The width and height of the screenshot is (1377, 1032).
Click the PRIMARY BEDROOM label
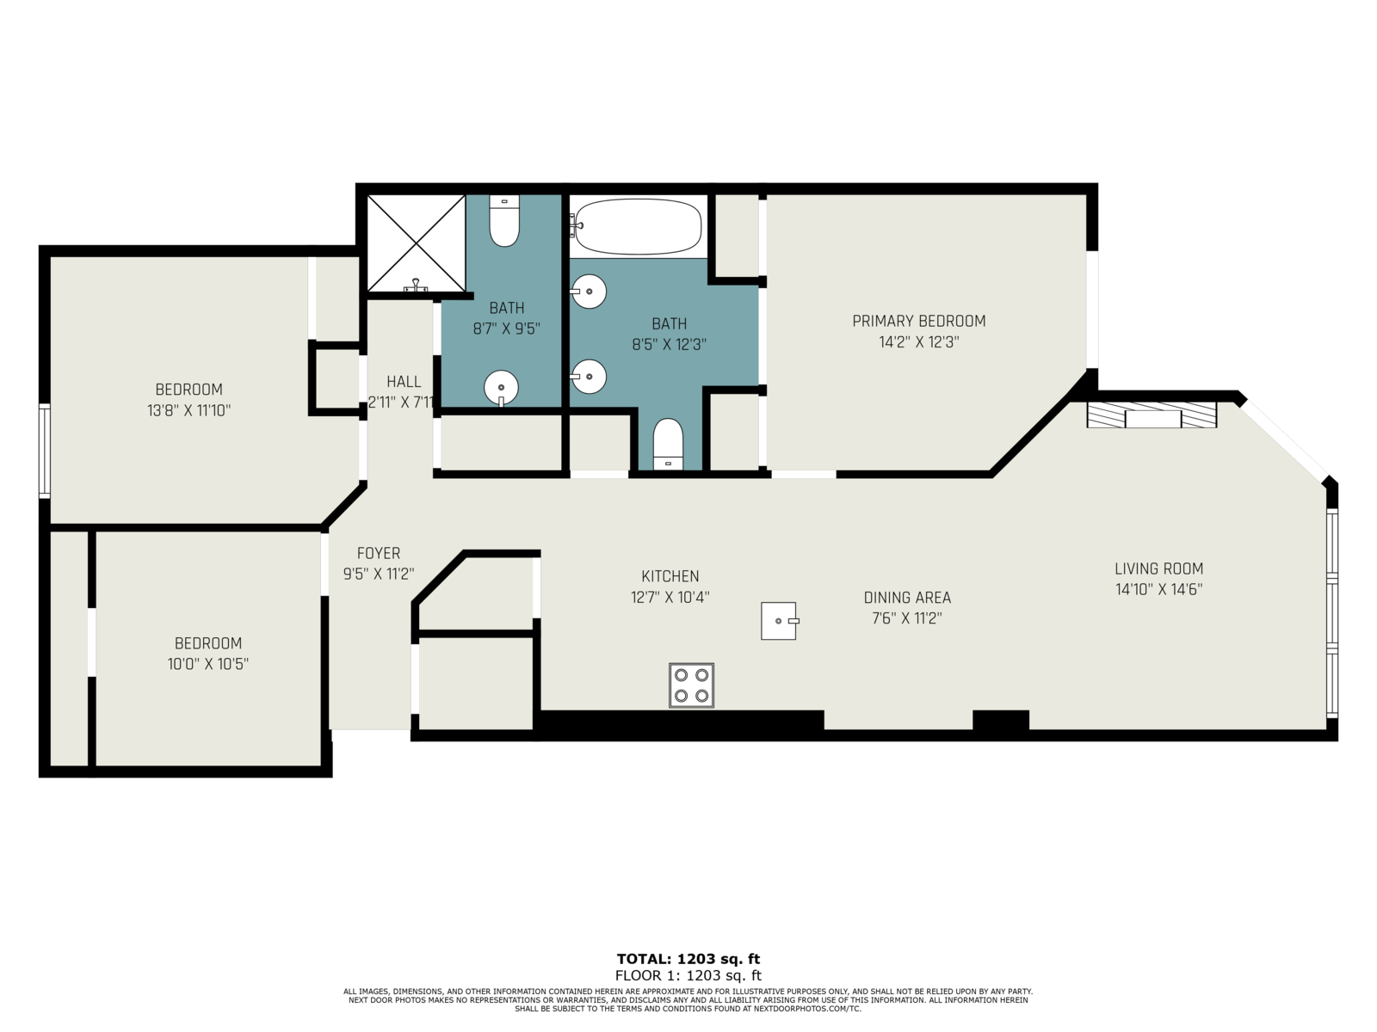pyautogui.click(x=918, y=322)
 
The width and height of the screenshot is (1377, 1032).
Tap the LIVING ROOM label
pyautogui.click(x=1158, y=569)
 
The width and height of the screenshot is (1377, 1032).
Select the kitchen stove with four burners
pyautogui.click(x=691, y=685)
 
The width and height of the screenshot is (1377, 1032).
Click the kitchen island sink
pyautogui.click(x=779, y=621)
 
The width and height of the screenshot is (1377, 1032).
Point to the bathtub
pyautogui.click(x=638, y=227)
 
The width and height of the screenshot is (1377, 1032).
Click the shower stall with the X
pyautogui.click(x=416, y=243)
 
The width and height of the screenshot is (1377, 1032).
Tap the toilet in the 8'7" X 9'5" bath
pyautogui.click(x=504, y=220)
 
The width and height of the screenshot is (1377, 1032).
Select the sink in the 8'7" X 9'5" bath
pyautogui.click(x=501, y=388)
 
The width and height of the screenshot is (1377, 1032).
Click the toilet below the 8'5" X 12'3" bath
pyautogui.click(x=668, y=445)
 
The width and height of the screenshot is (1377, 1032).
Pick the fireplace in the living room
pyautogui.click(x=1152, y=415)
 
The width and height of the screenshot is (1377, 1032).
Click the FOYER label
pyautogui.click(x=379, y=553)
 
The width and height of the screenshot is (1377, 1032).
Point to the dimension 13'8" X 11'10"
pyautogui.click(x=188, y=411)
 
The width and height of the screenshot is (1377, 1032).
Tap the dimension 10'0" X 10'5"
pyautogui.click(x=207, y=664)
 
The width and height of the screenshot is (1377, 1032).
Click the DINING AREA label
pyautogui.click(x=907, y=598)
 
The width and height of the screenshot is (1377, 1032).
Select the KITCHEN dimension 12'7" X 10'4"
pyautogui.click(x=670, y=597)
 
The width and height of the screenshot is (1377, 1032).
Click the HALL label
pyautogui.click(x=404, y=382)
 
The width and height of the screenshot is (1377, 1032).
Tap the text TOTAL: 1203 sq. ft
pyautogui.click(x=688, y=959)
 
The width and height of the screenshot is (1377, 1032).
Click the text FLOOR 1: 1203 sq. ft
pyautogui.click(x=688, y=975)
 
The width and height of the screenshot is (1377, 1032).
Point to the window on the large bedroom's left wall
pyautogui.click(x=45, y=451)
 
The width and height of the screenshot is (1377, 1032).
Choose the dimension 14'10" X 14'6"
pyautogui.click(x=1158, y=590)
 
